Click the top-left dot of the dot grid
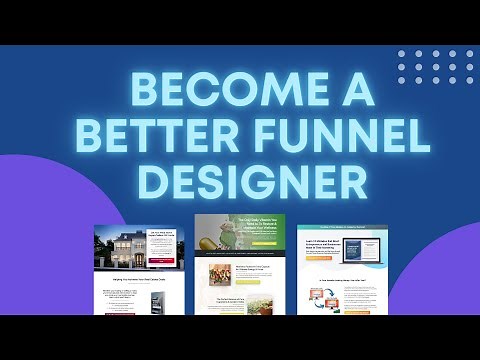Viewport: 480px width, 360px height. pos(402,52)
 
